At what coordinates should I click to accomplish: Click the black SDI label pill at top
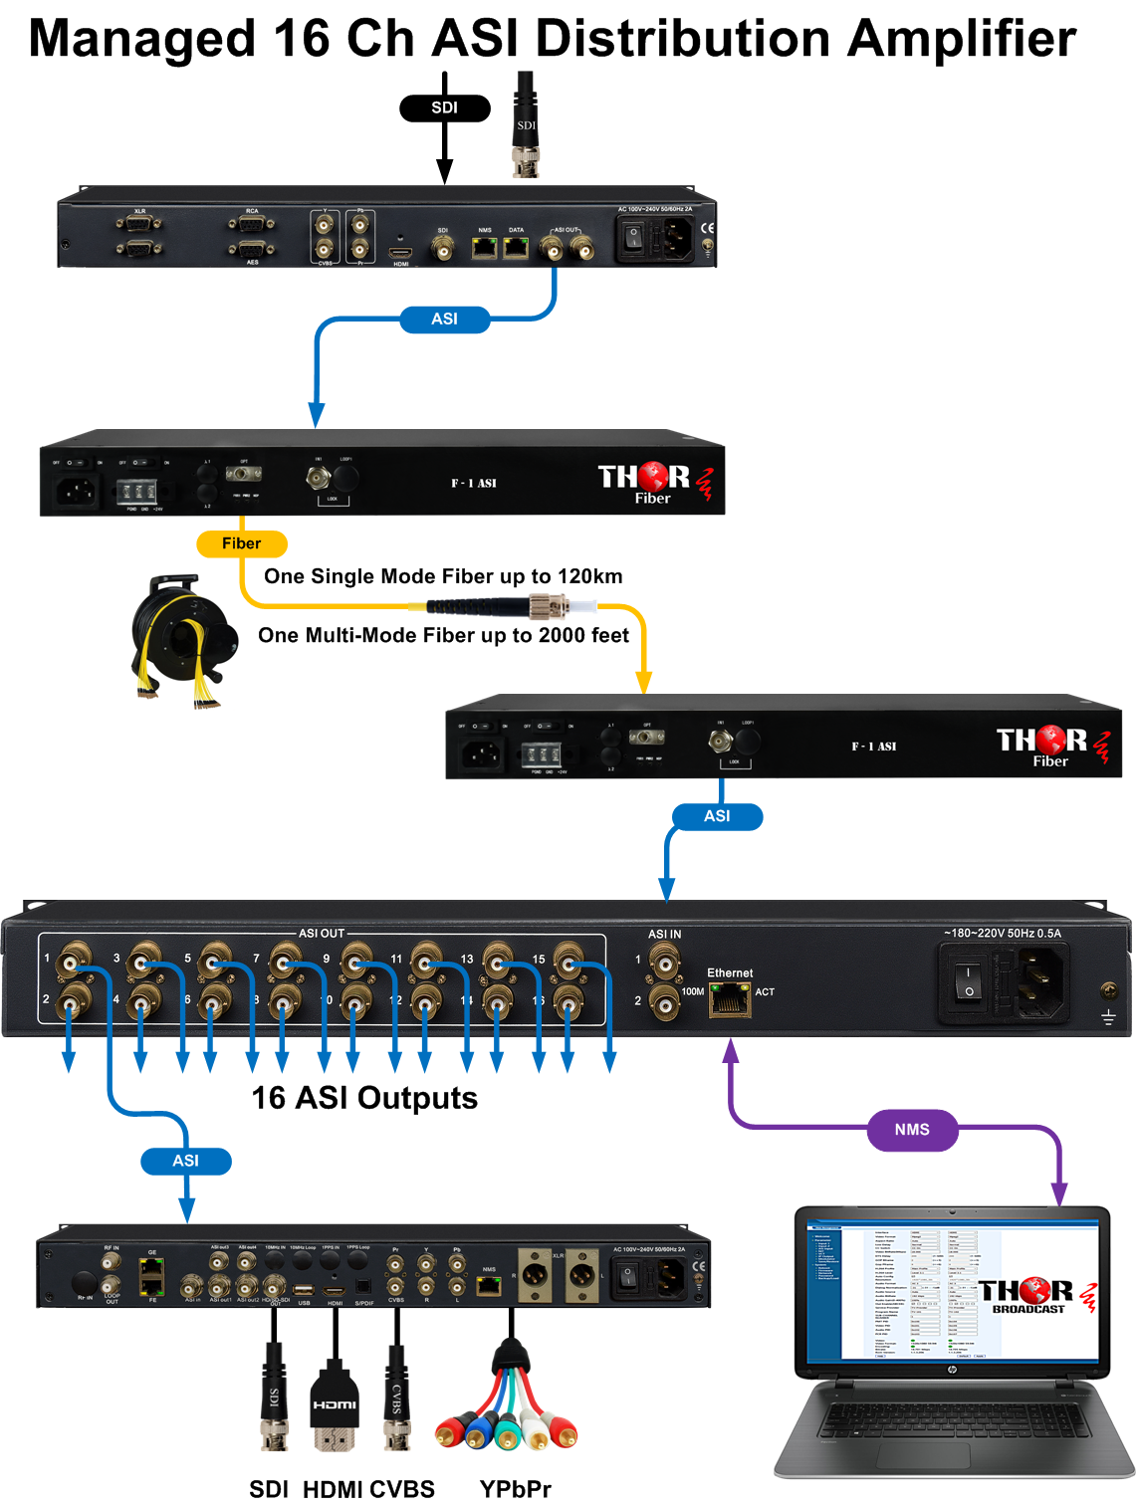(444, 108)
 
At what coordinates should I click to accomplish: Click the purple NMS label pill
(911, 1130)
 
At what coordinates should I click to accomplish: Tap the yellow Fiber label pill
(241, 543)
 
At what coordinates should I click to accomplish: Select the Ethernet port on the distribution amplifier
(729, 998)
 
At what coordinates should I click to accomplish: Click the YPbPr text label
(515, 1489)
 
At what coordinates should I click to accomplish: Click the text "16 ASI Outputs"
(364, 1098)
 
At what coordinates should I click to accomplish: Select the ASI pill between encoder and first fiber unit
(444, 320)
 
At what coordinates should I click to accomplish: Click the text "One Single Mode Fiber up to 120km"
(443, 576)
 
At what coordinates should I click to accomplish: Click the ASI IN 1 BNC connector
(664, 962)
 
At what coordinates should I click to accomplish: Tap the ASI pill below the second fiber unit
(717, 816)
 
